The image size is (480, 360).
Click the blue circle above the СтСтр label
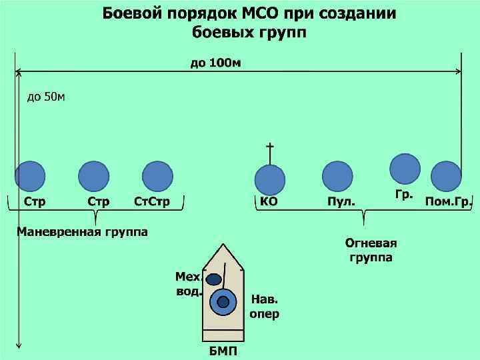click(157, 177)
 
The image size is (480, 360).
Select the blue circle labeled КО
click(270, 179)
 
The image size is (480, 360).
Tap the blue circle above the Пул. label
click(337, 177)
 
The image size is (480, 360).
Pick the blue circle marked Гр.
click(405, 169)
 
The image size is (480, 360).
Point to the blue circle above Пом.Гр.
click(446, 177)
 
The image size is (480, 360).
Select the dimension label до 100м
click(215, 63)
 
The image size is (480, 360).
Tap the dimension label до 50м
click(46, 97)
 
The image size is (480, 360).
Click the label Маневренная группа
click(82, 232)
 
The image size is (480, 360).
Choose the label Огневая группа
click(371, 250)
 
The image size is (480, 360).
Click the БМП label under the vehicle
click(223, 351)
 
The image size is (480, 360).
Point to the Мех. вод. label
click(188, 284)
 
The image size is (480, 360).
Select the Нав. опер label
click(264, 306)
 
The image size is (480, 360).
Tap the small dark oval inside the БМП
click(213, 279)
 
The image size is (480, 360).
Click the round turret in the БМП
click(223, 302)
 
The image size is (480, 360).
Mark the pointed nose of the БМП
click(223, 248)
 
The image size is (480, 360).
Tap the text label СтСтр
click(152, 201)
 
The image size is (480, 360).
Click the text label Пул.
click(341, 201)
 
